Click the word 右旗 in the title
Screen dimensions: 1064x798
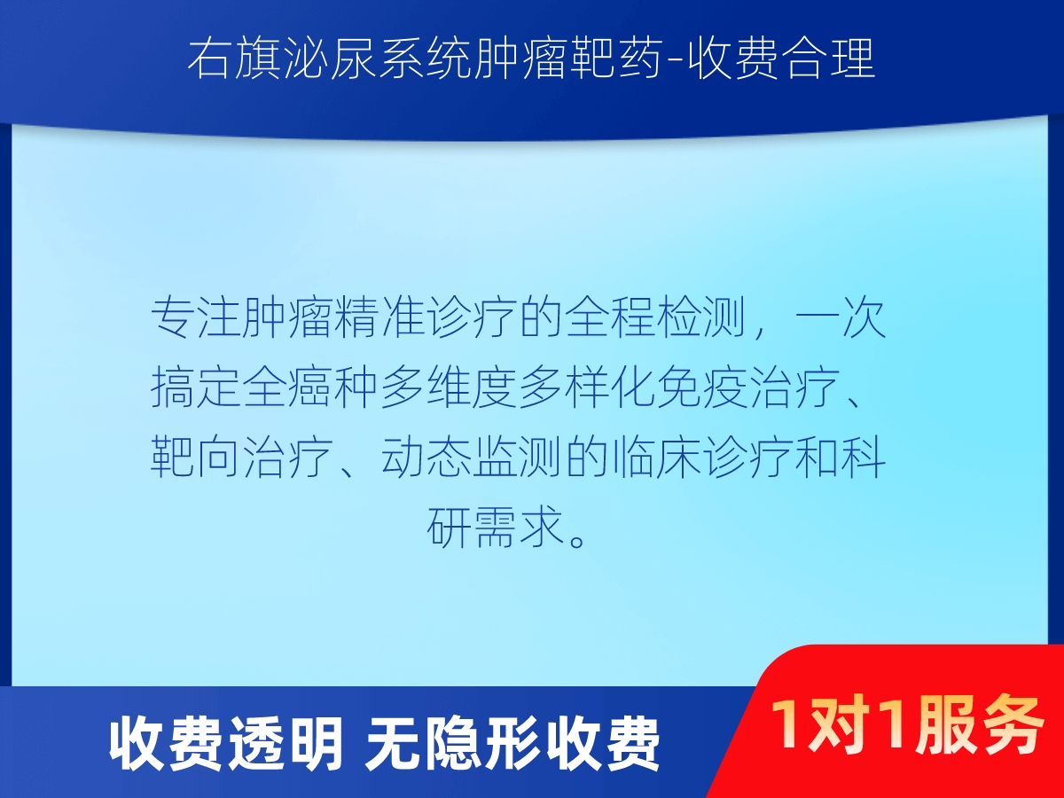point(235,59)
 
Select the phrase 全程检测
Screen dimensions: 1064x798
point(655,317)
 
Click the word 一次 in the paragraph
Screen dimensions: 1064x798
point(841,317)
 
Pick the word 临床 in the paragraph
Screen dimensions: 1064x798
point(657,457)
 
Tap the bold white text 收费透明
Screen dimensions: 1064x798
point(226,743)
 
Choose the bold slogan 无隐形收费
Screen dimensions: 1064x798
point(512,743)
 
